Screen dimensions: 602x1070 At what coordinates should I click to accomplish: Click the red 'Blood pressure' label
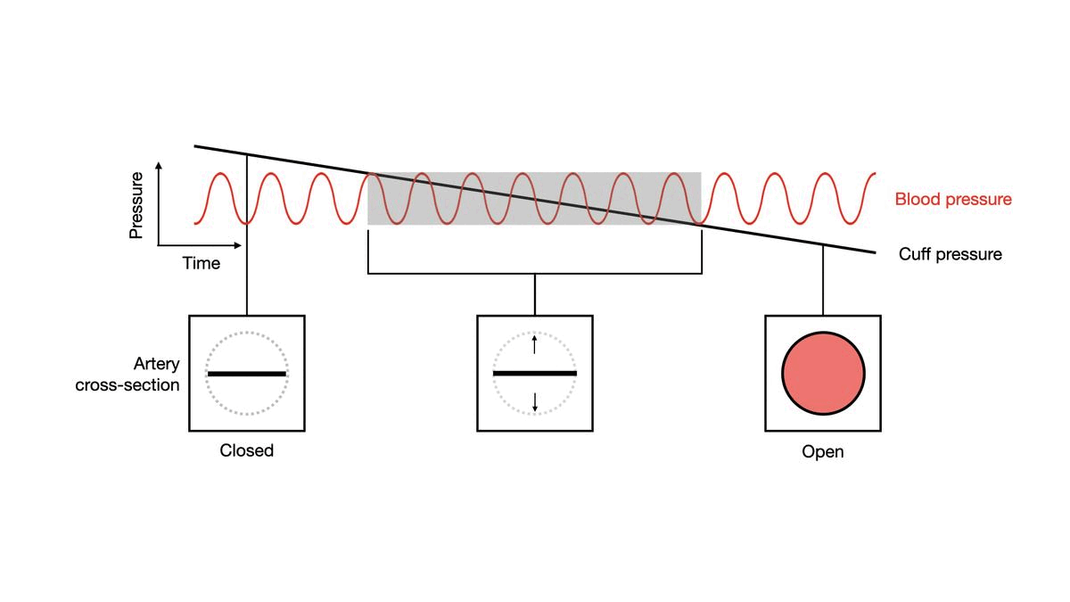[x=953, y=199]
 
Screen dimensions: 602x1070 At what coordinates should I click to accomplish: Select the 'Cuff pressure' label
[x=950, y=254]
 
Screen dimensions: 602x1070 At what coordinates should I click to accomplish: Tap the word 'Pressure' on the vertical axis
[x=136, y=205]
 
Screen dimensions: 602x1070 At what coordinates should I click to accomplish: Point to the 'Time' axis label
[x=202, y=263]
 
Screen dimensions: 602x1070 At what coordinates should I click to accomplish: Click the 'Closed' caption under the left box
[x=247, y=450]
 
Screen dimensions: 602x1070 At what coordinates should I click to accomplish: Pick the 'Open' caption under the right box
[x=822, y=452]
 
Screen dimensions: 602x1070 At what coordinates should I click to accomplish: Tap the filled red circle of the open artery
[x=823, y=373]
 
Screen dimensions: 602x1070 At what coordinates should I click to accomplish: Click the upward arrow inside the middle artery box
[x=534, y=343]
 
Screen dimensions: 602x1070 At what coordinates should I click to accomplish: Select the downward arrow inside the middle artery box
[x=534, y=402]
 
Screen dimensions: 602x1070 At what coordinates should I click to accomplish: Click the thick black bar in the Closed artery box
[x=247, y=374]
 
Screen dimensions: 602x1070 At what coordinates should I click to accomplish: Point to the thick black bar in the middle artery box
[x=534, y=373]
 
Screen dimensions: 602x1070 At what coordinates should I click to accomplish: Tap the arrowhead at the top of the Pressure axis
[x=159, y=166]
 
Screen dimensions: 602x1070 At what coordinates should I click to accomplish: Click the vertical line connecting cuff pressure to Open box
[x=823, y=281]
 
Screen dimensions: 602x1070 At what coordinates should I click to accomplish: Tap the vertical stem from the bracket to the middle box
[x=534, y=294]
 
